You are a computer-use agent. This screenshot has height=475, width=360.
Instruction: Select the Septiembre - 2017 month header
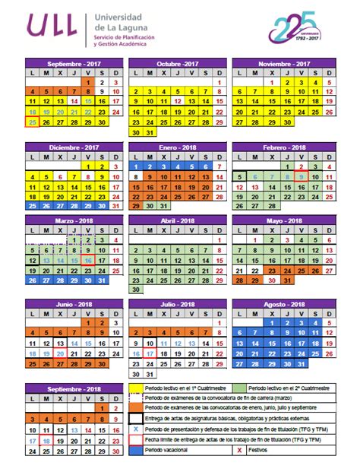click(x=73, y=63)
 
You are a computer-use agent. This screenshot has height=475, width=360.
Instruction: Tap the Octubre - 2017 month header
click(x=177, y=63)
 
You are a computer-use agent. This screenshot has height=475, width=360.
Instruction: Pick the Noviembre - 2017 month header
click(x=283, y=63)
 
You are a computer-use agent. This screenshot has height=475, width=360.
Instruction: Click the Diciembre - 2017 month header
click(x=73, y=147)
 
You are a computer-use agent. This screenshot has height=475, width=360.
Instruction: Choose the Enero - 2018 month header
click(x=177, y=147)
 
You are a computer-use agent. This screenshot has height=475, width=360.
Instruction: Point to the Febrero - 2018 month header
click(x=283, y=147)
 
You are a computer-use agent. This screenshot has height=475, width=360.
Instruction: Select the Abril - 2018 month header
click(x=177, y=221)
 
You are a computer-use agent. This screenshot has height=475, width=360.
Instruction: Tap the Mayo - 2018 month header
click(x=283, y=221)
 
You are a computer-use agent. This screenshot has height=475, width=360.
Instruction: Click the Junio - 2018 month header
click(x=73, y=304)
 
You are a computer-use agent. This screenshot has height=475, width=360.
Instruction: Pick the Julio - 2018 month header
click(x=177, y=304)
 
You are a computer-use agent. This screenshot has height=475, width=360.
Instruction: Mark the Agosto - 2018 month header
click(x=283, y=304)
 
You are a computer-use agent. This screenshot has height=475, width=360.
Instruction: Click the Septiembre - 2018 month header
click(x=73, y=388)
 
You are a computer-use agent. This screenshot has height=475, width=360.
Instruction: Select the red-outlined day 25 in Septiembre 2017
click(x=32, y=122)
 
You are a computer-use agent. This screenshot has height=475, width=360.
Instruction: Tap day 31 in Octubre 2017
click(x=150, y=131)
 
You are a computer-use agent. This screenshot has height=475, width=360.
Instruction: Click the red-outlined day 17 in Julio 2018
click(x=150, y=353)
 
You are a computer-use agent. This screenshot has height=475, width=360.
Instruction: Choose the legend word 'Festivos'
click(x=261, y=450)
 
